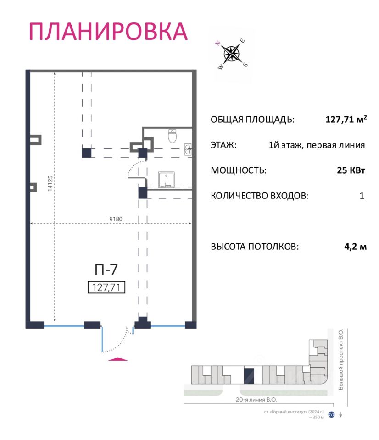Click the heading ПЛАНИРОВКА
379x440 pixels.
point(108,31)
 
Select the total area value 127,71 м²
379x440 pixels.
point(346,120)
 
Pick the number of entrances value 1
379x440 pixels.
point(362,196)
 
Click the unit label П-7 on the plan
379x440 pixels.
point(106,269)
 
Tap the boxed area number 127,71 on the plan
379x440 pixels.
point(106,287)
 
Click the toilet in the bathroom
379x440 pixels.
point(173,136)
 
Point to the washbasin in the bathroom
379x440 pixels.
point(187,149)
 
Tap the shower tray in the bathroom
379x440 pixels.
point(166,180)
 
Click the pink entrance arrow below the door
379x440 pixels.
point(118,359)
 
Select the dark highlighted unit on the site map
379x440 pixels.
point(249,375)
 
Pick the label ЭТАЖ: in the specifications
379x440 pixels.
point(224,145)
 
